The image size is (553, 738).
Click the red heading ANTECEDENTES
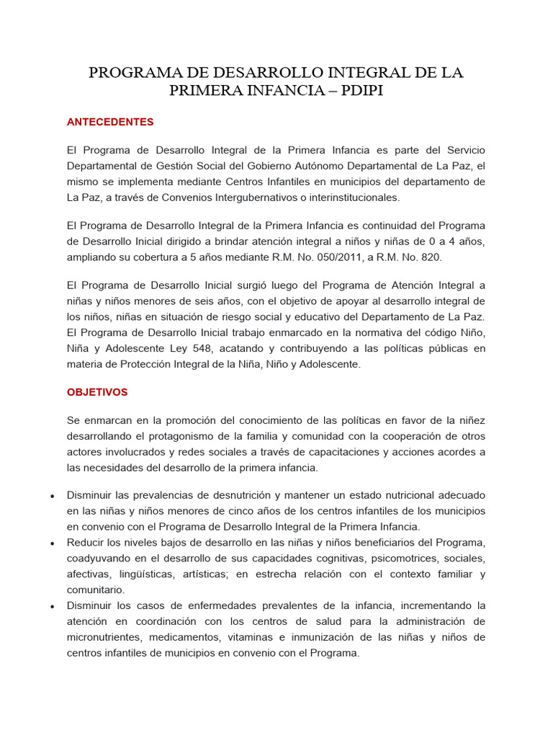[x=110, y=122]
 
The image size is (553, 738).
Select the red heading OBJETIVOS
[x=97, y=392]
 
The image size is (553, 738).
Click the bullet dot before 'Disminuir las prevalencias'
[x=53, y=497]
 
